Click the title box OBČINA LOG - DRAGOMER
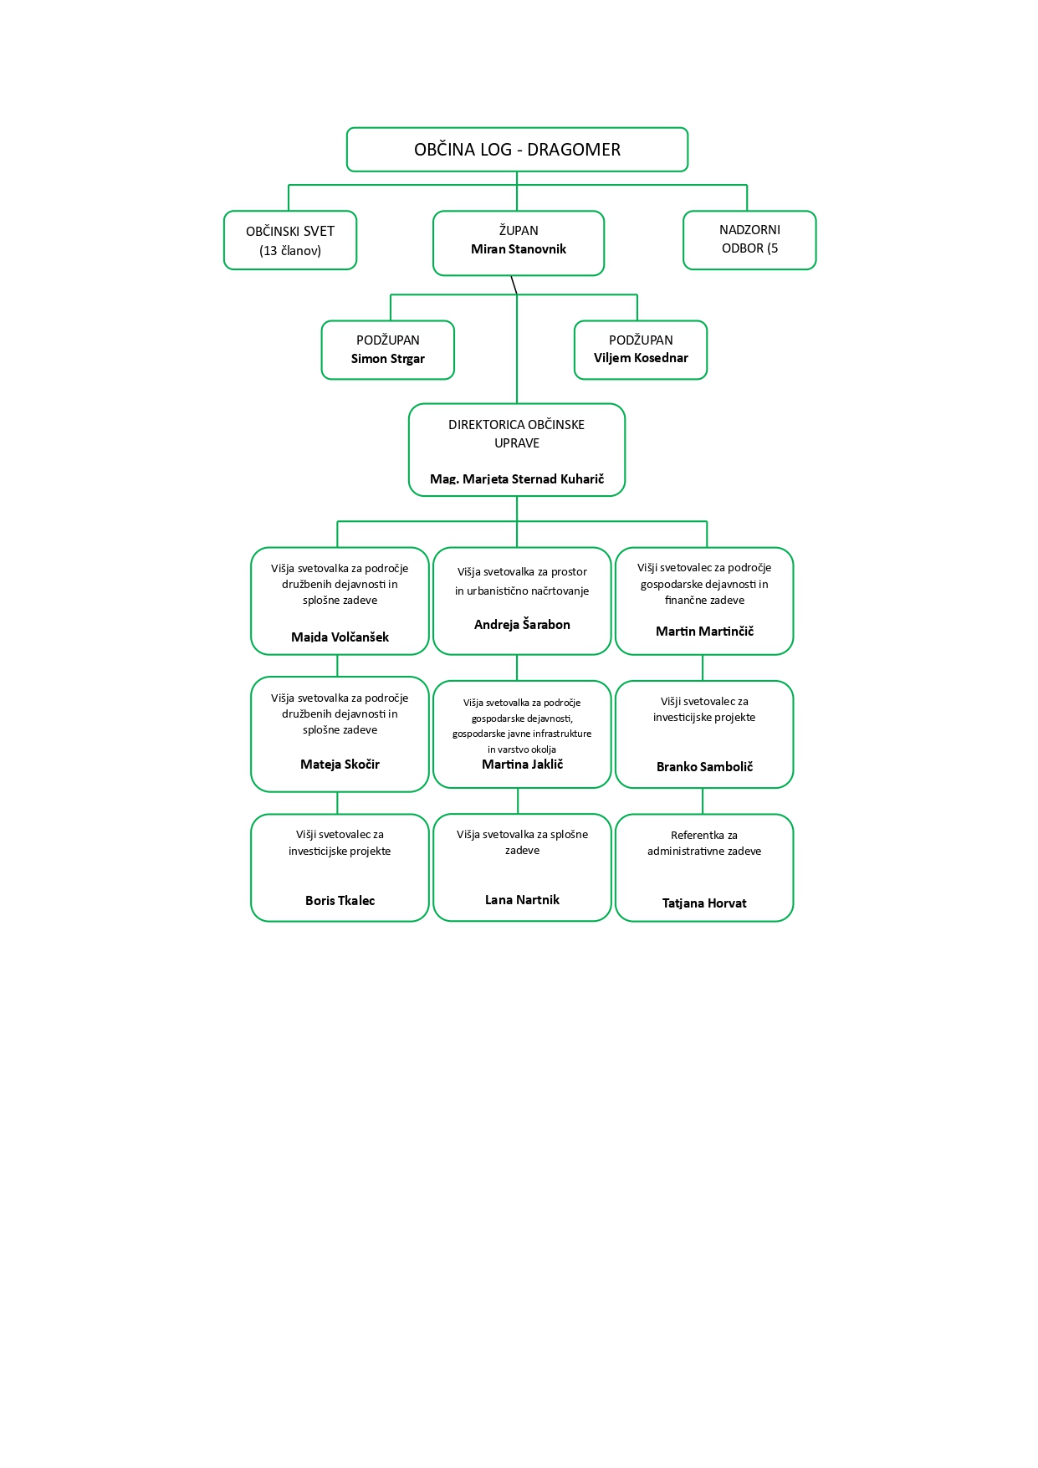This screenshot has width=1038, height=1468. point(517,150)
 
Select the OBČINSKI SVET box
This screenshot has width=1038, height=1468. point(290,240)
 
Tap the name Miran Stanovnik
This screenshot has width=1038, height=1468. point(519,249)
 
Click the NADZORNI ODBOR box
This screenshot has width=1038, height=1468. point(749,239)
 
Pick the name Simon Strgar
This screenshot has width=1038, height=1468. point(388,359)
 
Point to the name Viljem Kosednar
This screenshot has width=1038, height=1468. point(641,358)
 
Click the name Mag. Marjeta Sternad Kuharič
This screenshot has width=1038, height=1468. point(517,479)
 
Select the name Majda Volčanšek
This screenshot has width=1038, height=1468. point(340,637)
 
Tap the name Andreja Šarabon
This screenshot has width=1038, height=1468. point(522,625)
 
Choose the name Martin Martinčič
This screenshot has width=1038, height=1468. point(704,632)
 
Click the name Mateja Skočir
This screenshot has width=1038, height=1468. point(340,765)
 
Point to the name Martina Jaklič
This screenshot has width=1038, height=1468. point(522,765)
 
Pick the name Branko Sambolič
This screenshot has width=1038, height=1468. point(704,767)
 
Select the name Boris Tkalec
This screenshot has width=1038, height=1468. point(340,901)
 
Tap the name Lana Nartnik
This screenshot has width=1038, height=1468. point(522,900)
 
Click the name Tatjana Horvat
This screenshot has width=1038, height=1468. point(704,903)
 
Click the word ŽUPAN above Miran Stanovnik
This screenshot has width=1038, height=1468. point(519,231)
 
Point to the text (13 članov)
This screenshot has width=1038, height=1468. point(290,251)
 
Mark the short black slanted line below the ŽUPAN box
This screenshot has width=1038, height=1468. point(514,285)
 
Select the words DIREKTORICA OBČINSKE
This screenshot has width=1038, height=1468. point(516,425)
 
